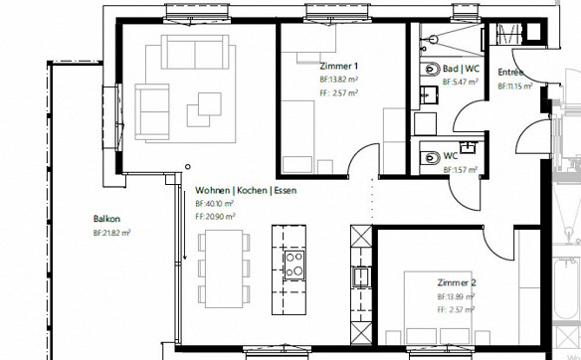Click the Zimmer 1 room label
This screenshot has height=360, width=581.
(338, 67)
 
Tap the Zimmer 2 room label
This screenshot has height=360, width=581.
(457, 282)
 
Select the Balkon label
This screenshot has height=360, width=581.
(106, 219)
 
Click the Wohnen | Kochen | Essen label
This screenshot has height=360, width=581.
(246, 190)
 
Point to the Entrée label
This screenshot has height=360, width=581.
(510, 72)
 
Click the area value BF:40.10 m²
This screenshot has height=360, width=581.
(214, 204)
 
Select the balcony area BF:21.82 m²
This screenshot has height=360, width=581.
(111, 233)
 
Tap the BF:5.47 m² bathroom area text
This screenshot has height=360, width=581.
(460, 82)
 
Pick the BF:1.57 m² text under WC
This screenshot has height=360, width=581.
(461, 170)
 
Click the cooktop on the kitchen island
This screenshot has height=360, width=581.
(294, 266)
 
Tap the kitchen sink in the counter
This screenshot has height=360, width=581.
(361, 276)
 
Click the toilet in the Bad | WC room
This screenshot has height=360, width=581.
(430, 69)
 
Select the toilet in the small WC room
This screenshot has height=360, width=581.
(430, 158)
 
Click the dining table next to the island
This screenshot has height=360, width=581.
(224, 269)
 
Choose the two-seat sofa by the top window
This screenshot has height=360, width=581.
(195, 52)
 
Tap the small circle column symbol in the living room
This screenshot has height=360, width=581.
(188, 167)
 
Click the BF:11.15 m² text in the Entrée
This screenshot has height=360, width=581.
(515, 87)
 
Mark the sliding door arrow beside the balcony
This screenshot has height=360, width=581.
(184, 225)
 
